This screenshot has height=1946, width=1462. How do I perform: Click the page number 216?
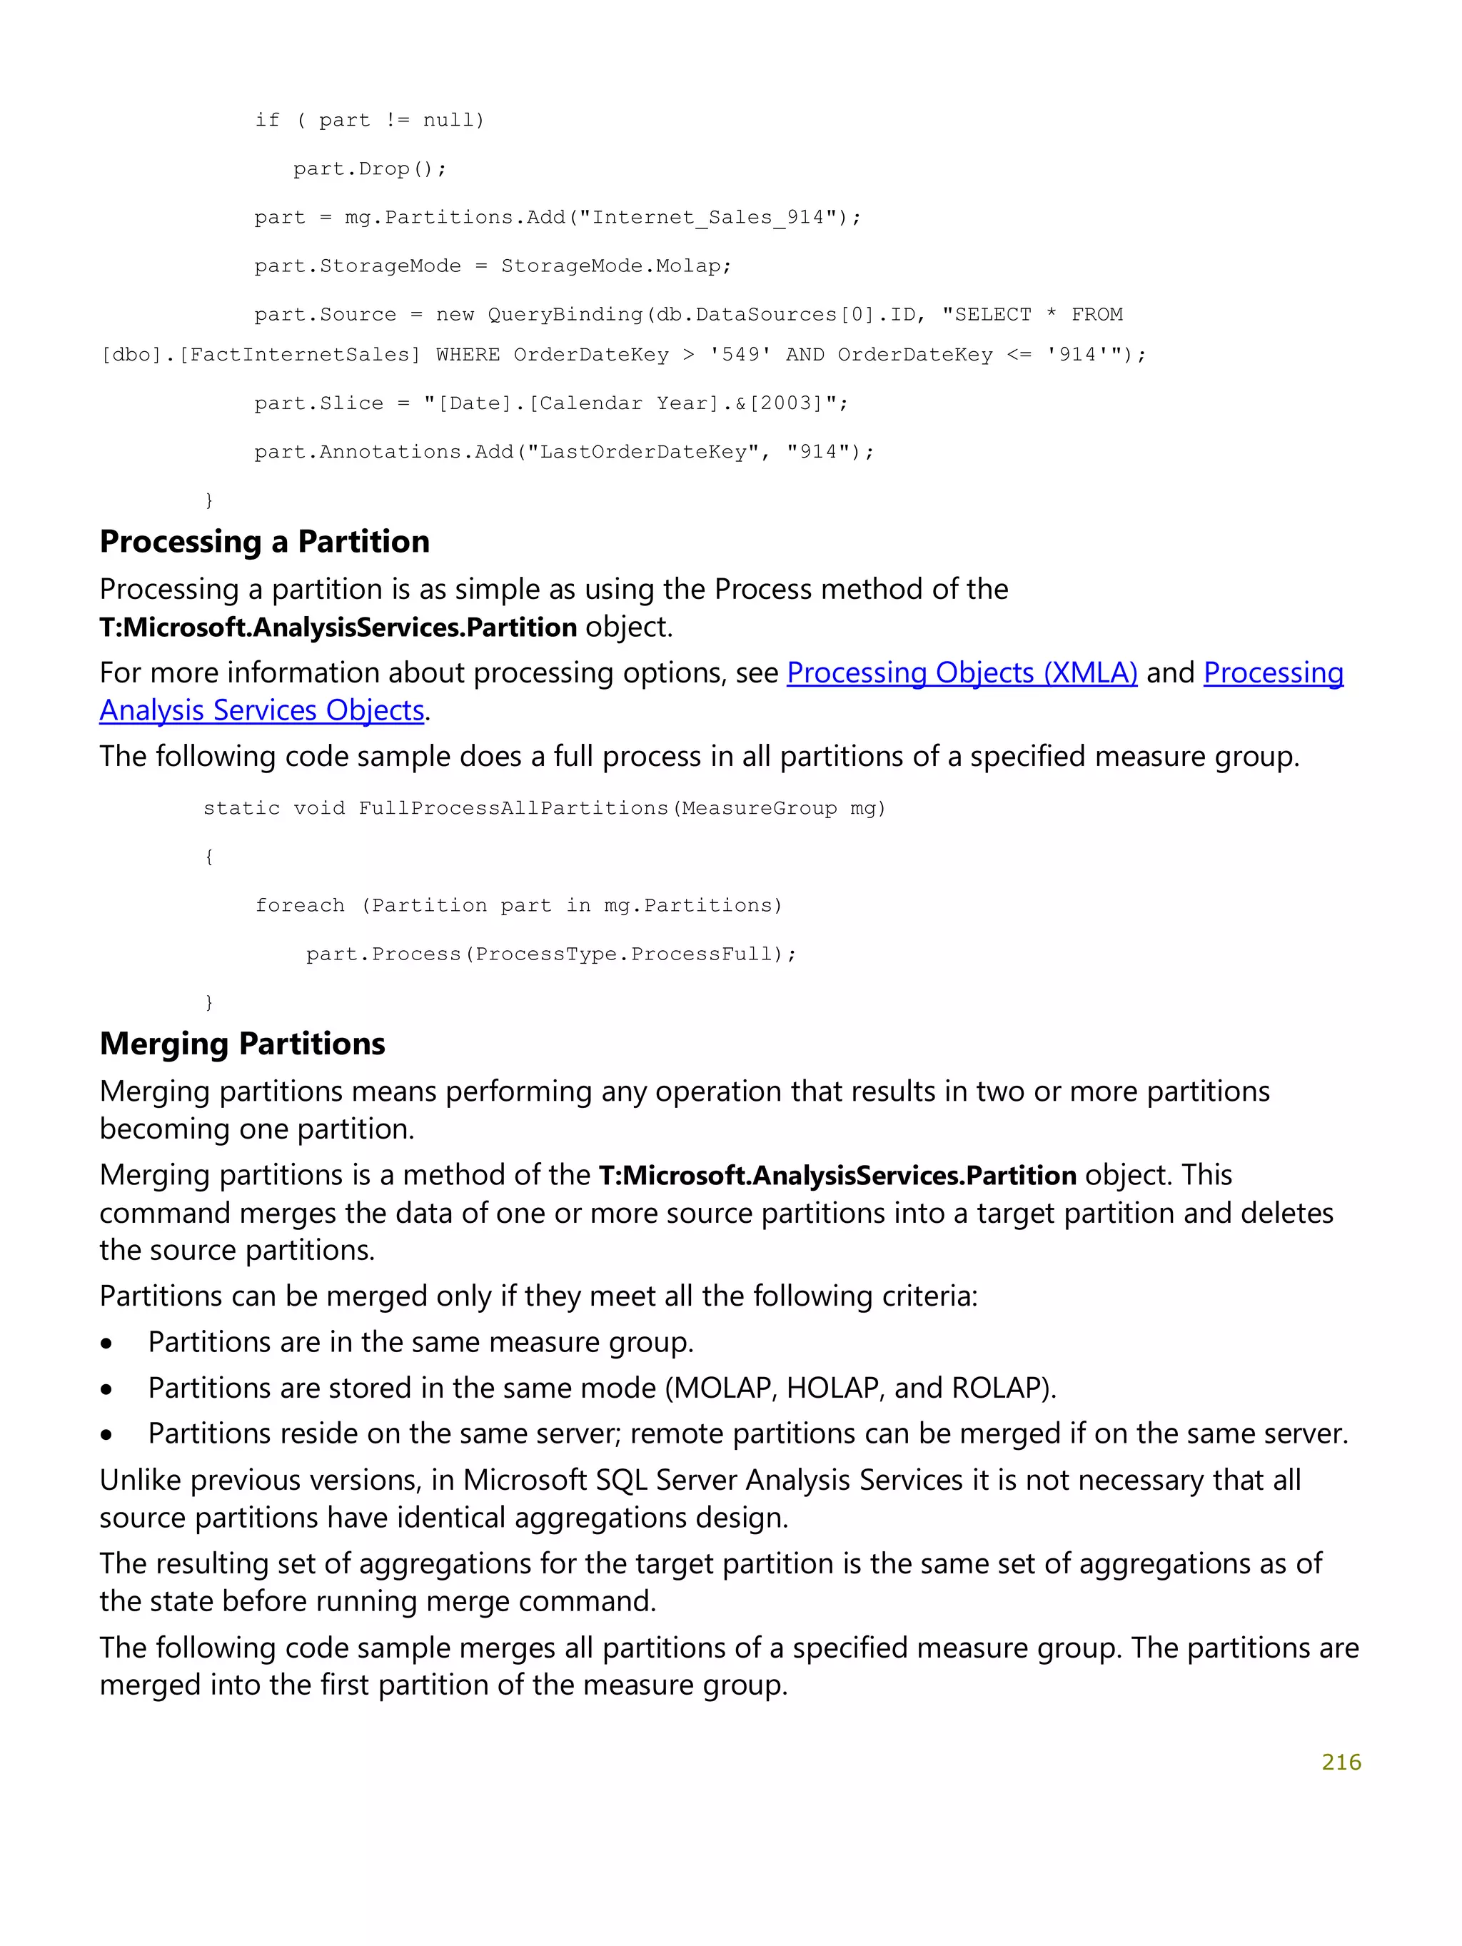[1340, 1761]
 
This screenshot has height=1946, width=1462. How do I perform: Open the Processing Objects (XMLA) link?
[961, 673]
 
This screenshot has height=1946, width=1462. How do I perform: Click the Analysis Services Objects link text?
[261, 711]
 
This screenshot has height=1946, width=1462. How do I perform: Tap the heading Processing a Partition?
[264, 542]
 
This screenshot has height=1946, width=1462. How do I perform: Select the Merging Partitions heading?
[242, 1044]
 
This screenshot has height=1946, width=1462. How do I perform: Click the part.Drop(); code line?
[370, 169]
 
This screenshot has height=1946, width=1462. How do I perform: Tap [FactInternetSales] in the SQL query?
[299, 355]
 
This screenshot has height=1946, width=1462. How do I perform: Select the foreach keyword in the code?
[300, 905]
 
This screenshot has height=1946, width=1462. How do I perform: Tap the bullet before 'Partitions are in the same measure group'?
[106, 1343]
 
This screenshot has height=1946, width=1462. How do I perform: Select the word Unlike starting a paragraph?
[141, 1481]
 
